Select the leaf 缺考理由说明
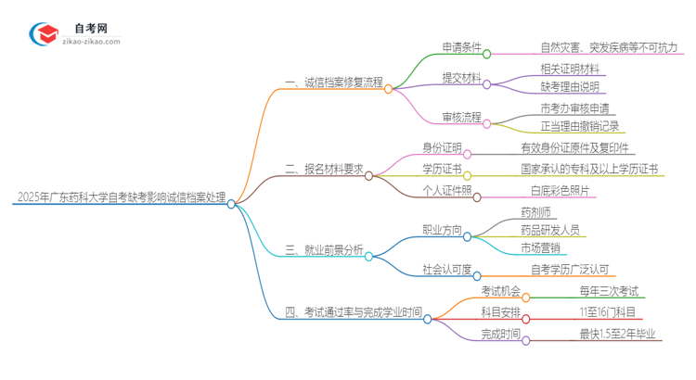570,86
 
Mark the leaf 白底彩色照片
560,191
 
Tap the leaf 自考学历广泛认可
569,270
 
